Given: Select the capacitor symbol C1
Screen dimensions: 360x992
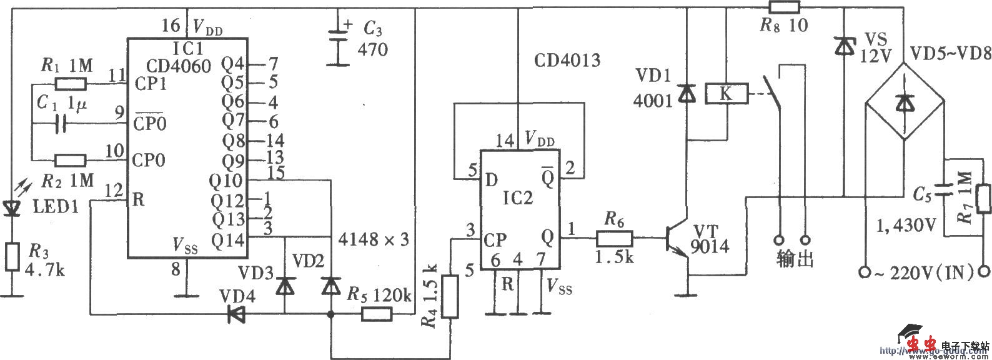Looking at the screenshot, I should click(60, 124).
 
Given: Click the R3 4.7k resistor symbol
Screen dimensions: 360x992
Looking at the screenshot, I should click(12, 257).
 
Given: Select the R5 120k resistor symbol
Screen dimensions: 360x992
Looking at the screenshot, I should click(377, 315).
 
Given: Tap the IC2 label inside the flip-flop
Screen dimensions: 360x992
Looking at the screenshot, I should click(519, 199).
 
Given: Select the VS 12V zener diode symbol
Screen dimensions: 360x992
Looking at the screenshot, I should click(844, 46).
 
